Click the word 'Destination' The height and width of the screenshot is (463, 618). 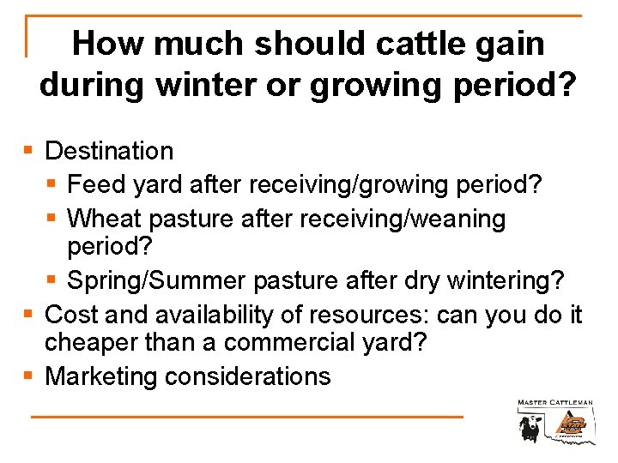pos(109,152)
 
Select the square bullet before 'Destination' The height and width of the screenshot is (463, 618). pos(29,152)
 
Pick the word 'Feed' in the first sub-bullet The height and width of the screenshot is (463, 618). pos(94,185)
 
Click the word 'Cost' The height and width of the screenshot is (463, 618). pos(74,315)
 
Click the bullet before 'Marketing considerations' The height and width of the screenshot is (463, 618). pos(29,376)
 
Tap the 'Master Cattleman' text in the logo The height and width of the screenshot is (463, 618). pos(554,402)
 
